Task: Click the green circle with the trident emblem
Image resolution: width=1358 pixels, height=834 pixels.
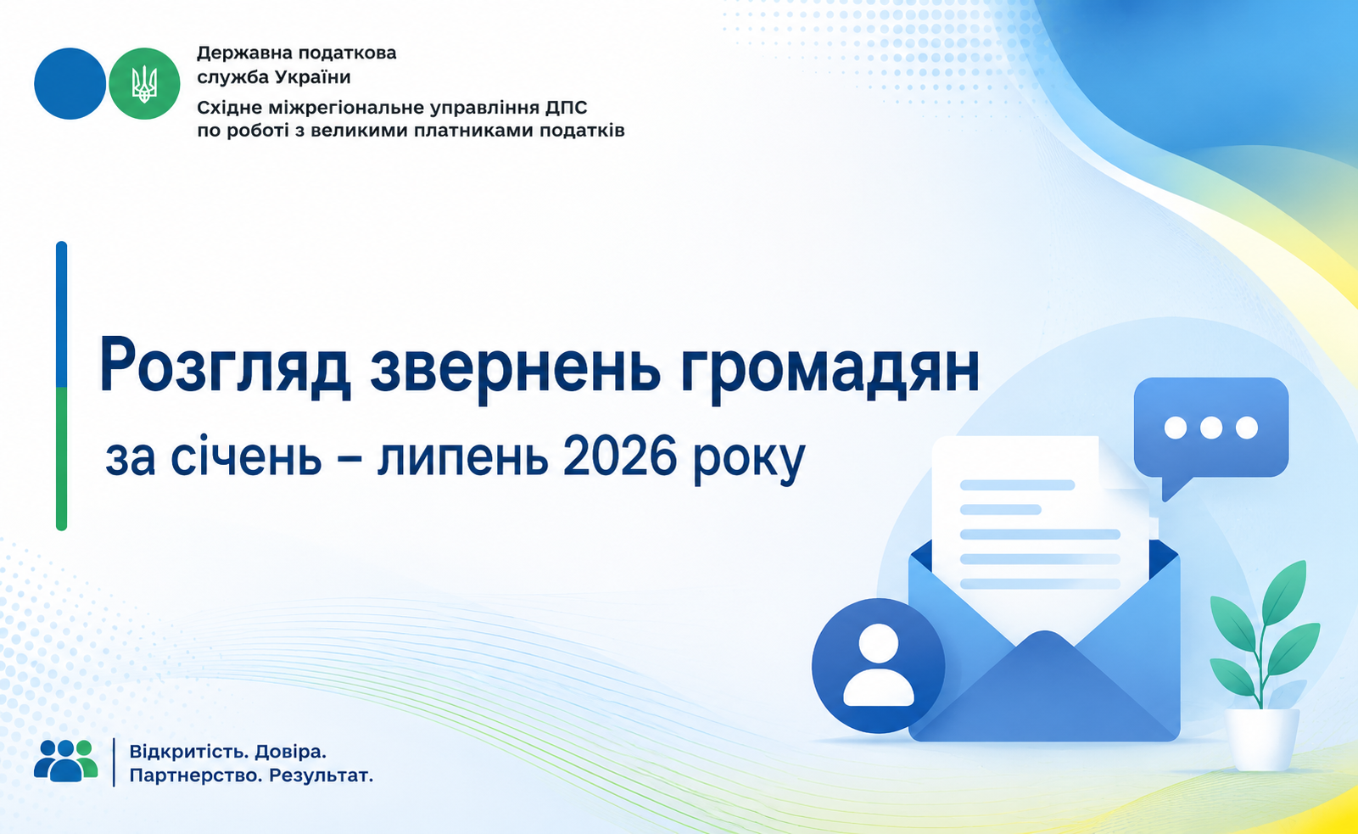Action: [144, 84]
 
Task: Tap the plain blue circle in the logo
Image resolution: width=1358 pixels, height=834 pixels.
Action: [70, 84]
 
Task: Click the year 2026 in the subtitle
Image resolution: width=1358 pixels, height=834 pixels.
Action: [619, 457]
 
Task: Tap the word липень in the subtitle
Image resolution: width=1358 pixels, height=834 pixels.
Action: [463, 458]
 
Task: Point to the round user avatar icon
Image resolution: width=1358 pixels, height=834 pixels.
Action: [879, 666]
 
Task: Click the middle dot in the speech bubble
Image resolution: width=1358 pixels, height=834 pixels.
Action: [1210, 428]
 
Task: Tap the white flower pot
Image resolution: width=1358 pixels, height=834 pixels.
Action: [1263, 739]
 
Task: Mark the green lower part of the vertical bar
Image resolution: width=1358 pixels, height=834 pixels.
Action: [61, 458]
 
